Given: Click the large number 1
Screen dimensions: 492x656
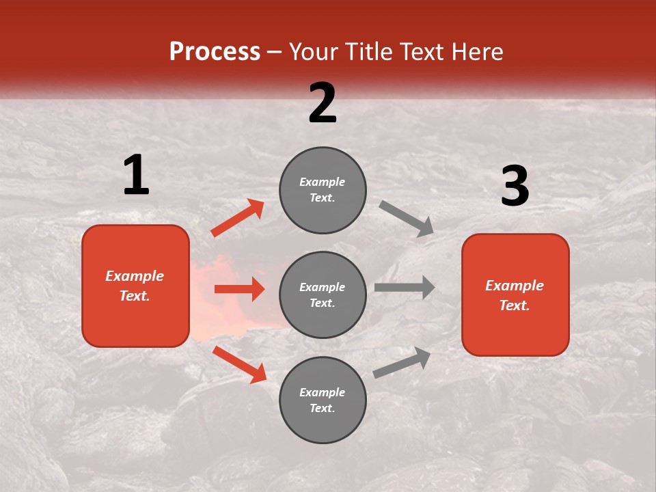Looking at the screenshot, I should click(x=136, y=175).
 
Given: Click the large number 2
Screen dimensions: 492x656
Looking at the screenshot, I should click(x=323, y=103).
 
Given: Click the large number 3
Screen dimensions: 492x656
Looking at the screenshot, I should click(x=515, y=186).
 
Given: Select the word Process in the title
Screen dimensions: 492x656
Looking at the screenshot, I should click(x=215, y=51).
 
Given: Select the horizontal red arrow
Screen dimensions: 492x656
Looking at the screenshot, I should click(x=239, y=289).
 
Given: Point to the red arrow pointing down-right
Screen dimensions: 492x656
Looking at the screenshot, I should click(x=240, y=364).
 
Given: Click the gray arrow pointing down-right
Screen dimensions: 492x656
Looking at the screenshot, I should click(x=407, y=219).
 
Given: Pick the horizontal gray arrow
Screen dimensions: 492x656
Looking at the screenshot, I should click(x=405, y=287).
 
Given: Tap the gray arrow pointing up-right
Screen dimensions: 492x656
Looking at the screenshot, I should click(x=402, y=362).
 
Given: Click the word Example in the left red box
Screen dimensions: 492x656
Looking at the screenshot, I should click(x=135, y=276).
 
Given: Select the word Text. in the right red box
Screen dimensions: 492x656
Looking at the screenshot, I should click(x=515, y=305).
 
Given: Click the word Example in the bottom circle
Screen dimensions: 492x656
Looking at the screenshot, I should click(x=323, y=392).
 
